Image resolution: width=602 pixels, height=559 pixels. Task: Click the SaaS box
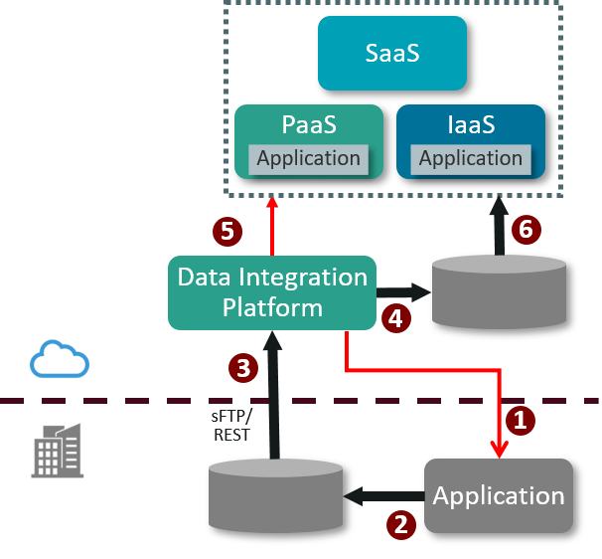[391, 53]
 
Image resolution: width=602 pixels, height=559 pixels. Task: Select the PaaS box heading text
[308, 126]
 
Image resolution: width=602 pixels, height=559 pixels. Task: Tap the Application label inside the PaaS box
[308, 158]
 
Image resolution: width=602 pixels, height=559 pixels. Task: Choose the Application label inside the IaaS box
[471, 158]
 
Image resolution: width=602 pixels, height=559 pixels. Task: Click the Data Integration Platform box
[272, 292]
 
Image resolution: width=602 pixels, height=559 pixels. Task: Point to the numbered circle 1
[519, 420]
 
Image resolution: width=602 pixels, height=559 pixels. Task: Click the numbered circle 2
[401, 523]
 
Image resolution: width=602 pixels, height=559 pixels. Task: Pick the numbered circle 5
[227, 232]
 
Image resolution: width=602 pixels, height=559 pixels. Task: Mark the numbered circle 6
[527, 230]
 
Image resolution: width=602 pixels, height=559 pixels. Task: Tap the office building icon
[58, 450]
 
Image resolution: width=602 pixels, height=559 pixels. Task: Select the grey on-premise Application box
[499, 495]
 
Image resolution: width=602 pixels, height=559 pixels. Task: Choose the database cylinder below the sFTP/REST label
[275, 495]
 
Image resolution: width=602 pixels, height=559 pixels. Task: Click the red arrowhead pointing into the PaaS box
[272, 204]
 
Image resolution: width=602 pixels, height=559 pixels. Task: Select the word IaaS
[471, 126]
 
